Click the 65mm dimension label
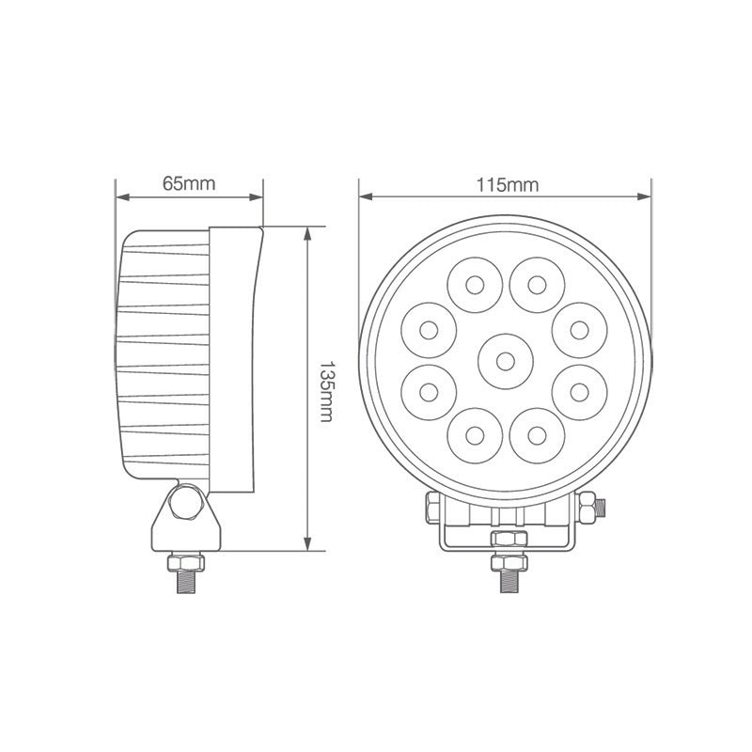coord(189,183)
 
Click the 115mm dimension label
coord(507,183)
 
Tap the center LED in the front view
coord(505,360)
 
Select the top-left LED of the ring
coord(474,283)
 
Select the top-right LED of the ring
coord(537,283)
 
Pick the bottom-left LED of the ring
coord(474,435)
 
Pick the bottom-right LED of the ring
coord(537,435)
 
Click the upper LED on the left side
coord(429,330)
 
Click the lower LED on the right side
coord(580,389)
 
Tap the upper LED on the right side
coord(580,330)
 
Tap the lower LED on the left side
coord(429,389)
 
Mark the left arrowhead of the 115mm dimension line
coord(365,197)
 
